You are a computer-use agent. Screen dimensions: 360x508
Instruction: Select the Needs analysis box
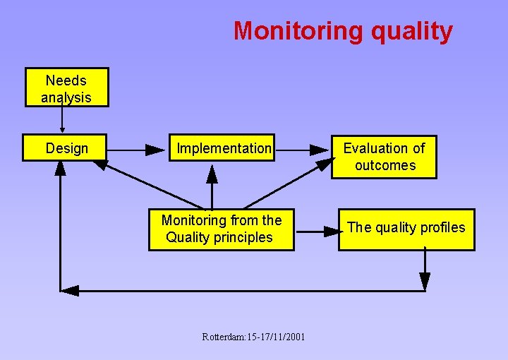coord(66,88)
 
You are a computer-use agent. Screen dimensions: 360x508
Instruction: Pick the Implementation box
coord(223,148)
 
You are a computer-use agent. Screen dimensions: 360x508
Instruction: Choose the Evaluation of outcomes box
coord(384,157)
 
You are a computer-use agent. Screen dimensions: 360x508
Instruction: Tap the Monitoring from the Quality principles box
coord(221,229)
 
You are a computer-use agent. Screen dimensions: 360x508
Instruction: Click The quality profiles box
coord(406,228)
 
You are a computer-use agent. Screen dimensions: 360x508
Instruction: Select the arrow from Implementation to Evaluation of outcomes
coord(302,150)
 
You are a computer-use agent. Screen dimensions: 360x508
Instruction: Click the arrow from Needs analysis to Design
coord(62,120)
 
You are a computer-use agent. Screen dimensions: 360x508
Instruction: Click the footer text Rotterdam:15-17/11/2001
coord(253,337)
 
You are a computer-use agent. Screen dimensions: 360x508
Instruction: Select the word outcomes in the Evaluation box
coord(385,166)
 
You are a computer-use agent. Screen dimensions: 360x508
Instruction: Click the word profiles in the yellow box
coord(442,227)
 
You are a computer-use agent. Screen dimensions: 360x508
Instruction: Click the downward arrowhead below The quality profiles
coord(425,280)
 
